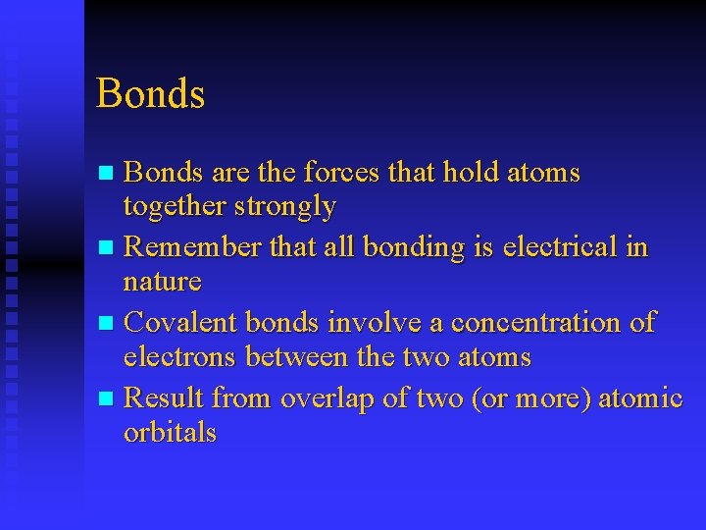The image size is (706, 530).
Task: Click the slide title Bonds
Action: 150,94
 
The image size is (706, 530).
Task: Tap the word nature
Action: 162,282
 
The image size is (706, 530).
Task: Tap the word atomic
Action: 640,397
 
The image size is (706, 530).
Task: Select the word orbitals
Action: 170,433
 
